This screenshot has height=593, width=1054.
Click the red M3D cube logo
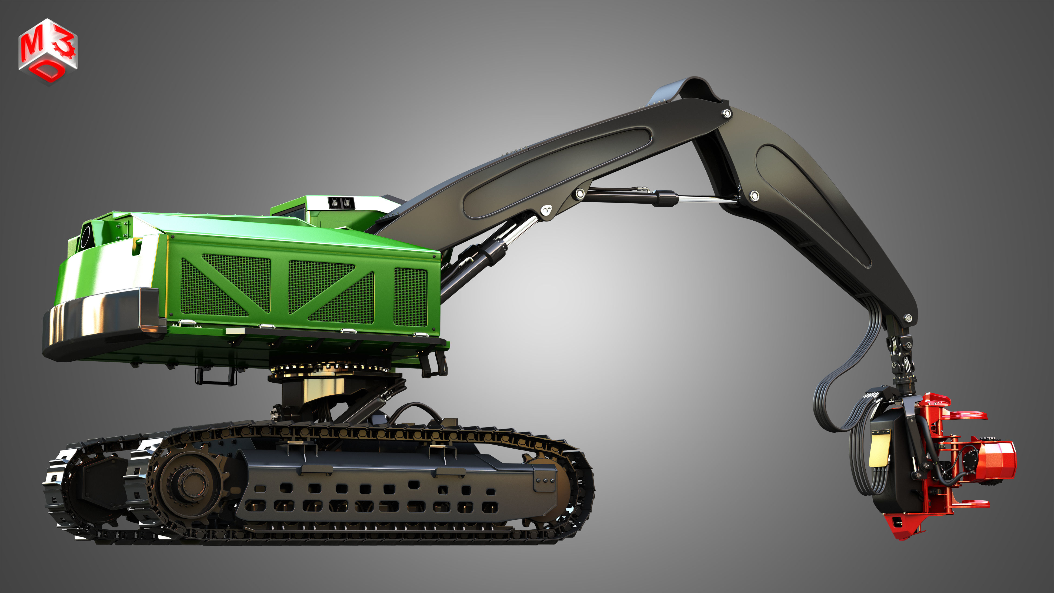click(x=48, y=51)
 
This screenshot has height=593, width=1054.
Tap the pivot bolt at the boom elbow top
click(x=727, y=113)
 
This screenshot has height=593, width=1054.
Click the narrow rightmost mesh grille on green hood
click(x=411, y=297)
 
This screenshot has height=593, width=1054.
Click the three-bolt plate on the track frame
click(x=545, y=480)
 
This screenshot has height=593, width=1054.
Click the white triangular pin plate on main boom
click(x=547, y=210)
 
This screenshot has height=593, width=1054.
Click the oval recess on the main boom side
click(x=556, y=172)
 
